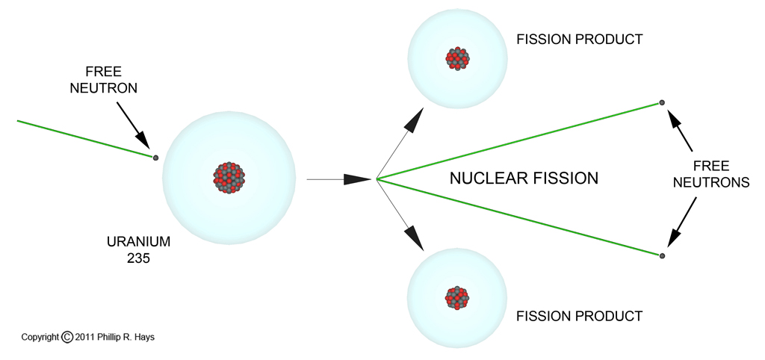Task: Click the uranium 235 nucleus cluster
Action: point(230,178)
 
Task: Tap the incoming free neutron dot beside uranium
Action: point(155,158)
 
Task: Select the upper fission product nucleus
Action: point(457,58)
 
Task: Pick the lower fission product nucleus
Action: point(457,297)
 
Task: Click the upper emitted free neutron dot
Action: point(662,102)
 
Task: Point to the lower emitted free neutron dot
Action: point(662,255)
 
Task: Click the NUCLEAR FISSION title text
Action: point(524,178)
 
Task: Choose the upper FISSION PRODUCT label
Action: point(580,40)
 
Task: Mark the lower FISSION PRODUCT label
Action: point(580,316)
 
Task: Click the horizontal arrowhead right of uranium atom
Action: point(359,179)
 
